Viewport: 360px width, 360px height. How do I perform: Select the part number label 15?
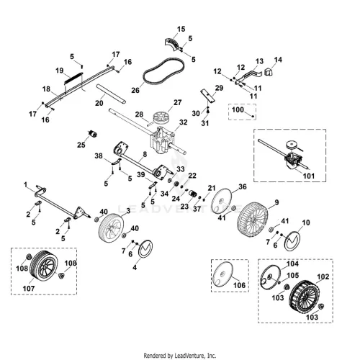click(x=181, y=29)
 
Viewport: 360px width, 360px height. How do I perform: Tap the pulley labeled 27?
click(x=161, y=117)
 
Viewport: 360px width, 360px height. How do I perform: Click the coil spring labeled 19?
click(x=73, y=78)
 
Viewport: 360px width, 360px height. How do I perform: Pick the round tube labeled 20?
click(x=111, y=94)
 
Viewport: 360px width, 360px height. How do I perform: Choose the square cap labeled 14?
click(x=269, y=71)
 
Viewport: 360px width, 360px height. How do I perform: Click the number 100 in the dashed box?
click(x=238, y=109)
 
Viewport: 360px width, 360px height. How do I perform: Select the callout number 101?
click(x=309, y=176)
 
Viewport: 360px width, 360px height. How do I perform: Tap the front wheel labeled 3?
click(x=109, y=228)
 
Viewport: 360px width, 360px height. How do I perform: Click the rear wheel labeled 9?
click(x=252, y=220)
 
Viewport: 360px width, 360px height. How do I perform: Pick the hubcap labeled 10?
click(x=292, y=241)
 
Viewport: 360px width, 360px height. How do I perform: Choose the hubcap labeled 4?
click(x=145, y=248)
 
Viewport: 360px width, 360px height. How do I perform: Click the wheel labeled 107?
click(x=45, y=265)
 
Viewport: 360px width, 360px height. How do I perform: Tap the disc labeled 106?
click(x=222, y=274)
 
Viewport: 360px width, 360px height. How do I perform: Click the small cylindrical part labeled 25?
click(x=92, y=134)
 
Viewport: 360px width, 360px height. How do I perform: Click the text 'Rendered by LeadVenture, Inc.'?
click(x=180, y=355)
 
